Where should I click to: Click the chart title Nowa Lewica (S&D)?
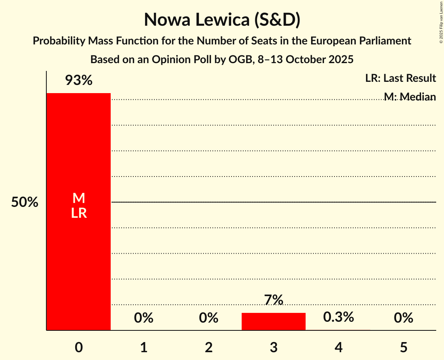point(222,19)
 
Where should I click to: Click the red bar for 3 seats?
point(274,321)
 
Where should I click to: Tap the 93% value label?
point(79,80)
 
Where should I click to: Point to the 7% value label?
point(274,300)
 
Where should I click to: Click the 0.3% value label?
point(338,317)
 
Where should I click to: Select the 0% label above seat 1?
point(143,318)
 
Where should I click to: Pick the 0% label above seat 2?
point(209,318)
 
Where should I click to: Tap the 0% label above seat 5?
point(403,318)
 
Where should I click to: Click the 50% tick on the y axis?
point(25,203)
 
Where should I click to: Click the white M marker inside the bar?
point(79,198)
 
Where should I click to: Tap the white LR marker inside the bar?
point(79,213)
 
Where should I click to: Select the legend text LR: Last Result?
point(400,78)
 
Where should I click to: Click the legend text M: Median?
point(410,96)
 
